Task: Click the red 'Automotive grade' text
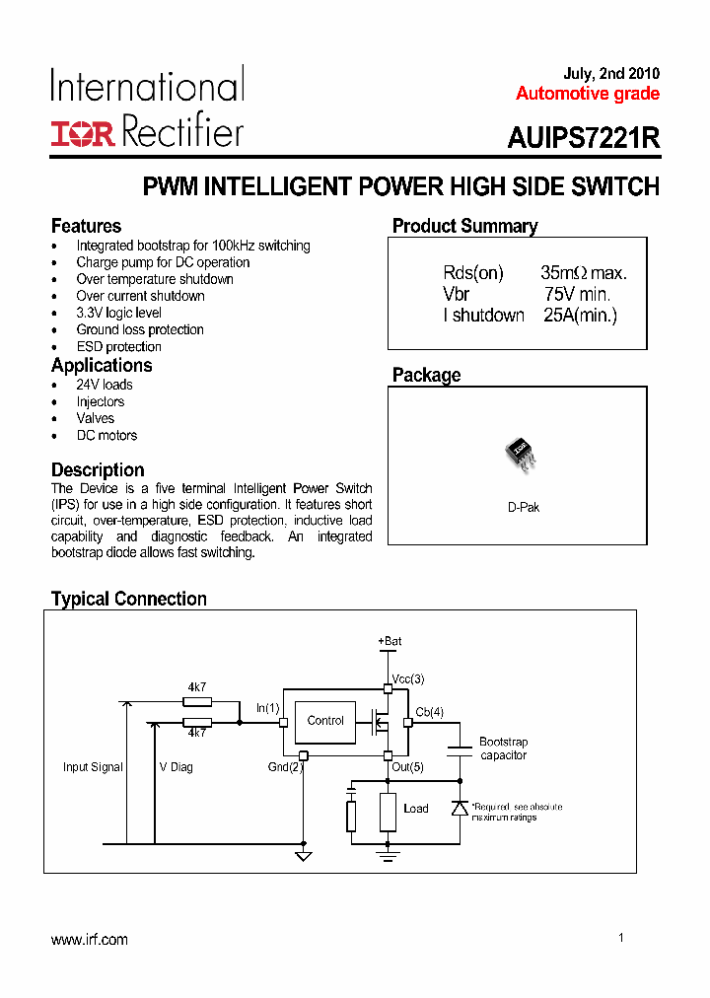[x=588, y=95]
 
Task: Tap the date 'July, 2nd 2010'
[x=611, y=74]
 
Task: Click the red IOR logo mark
[x=83, y=134]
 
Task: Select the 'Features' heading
[x=86, y=226]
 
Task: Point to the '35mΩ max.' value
[x=584, y=273]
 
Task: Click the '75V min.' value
[x=578, y=294]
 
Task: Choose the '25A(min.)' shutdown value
[x=580, y=315]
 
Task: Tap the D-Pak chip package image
[x=521, y=453]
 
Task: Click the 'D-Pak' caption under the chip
[x=524, y=507]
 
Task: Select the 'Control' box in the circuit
[x=325, y=721]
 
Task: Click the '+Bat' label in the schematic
[x=390, y=641]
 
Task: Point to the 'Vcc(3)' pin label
[x=408, y=679]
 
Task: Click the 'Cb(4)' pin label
[x=430, y=712]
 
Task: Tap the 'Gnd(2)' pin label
[x=285, y=766]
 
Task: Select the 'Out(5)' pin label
[x=407, y=766]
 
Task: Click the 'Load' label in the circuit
[x=416, y=809]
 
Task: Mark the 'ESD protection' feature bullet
[x=118, y=347]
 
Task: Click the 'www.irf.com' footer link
[x=90, y=940]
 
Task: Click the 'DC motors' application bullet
[x=106, y=435]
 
